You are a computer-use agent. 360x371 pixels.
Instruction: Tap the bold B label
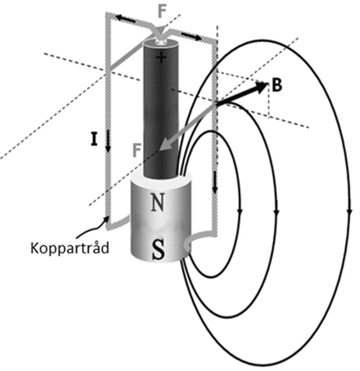(x=277, y=86)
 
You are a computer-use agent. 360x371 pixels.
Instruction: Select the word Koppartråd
(x=70, y=247)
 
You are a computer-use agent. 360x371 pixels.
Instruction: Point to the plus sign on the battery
(x=161, y=58)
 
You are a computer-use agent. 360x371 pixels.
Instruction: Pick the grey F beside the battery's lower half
(x=137, y=150)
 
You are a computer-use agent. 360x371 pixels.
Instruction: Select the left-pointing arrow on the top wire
(x=122, y=19)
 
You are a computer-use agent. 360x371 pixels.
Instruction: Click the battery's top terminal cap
(x=160, y=42)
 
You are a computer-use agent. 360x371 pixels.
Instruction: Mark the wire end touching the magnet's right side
(x=188, y=242)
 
